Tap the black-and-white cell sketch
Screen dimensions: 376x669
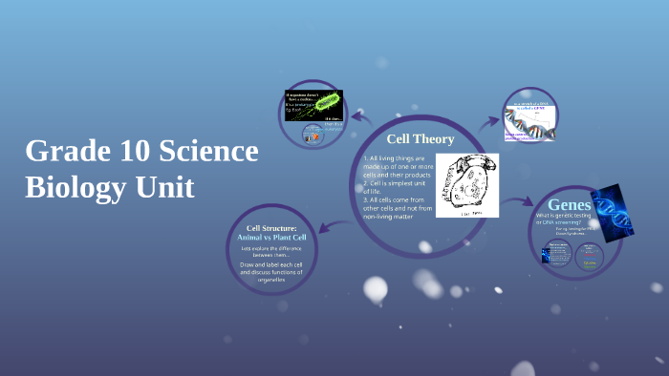point(467,184)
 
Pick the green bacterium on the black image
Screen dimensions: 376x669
point(326,100)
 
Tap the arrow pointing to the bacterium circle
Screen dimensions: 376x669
point(360,117)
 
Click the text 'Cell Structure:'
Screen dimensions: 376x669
point(271,228)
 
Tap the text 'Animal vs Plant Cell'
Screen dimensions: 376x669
point(271,237)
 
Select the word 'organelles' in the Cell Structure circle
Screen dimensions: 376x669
point(272,281)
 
